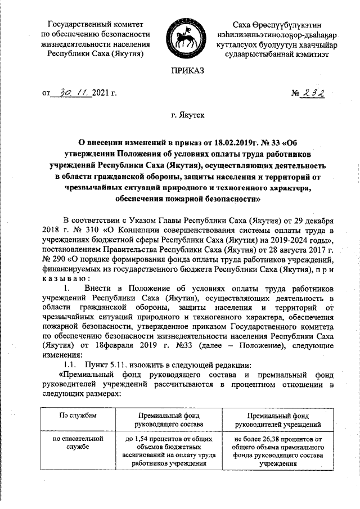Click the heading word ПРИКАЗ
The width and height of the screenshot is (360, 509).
click(x=181, y=70)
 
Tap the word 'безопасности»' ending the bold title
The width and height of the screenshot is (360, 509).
click(x=233, y=199)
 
